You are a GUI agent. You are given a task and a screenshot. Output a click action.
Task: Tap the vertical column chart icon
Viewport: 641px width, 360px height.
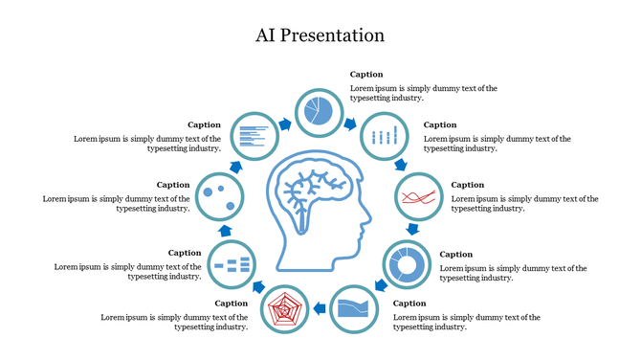(384, 136)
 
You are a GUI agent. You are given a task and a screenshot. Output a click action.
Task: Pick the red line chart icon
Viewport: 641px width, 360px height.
(419, 196)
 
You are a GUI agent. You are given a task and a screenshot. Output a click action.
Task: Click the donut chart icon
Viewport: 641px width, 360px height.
(407, 263)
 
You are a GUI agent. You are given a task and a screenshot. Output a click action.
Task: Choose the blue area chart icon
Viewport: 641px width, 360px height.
(352, 308)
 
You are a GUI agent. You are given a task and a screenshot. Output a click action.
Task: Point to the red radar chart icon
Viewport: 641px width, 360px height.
(284, 309)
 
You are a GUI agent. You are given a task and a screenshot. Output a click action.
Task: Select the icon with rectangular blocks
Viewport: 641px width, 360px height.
(232, 262)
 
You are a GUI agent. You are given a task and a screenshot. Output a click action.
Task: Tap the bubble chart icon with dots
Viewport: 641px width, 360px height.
(219, 195)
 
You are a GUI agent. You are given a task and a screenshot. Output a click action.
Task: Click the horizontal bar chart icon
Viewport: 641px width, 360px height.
(255, 135)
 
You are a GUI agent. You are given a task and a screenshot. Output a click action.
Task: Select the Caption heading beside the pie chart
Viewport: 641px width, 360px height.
(365, 74)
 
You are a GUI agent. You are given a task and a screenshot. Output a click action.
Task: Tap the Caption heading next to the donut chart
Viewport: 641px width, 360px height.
(455, 254)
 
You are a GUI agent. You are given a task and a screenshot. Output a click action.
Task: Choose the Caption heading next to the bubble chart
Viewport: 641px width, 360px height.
(173, 185)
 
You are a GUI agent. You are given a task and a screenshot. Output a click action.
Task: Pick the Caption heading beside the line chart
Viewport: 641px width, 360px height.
(468, 185)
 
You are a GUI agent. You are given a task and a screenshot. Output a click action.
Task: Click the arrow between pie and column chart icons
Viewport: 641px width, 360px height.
(351, 124)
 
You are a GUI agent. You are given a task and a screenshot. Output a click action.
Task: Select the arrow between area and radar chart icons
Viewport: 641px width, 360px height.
(319, 312)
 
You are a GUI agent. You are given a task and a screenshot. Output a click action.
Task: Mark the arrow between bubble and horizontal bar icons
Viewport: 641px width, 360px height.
(236, 166)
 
